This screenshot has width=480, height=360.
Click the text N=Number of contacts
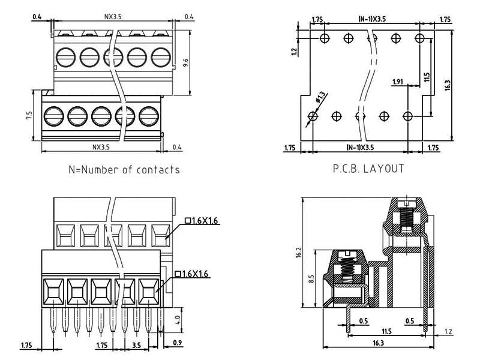click(124, 170)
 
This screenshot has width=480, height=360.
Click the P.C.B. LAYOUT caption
click(368, 169)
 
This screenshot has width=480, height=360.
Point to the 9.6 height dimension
click(186, 62)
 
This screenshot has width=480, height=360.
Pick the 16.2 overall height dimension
click(299, 254)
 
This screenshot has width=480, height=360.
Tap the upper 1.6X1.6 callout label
click(203, 221)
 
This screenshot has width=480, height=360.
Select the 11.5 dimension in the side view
click(386, 331)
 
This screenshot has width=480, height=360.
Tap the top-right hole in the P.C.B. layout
click(419, 38)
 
